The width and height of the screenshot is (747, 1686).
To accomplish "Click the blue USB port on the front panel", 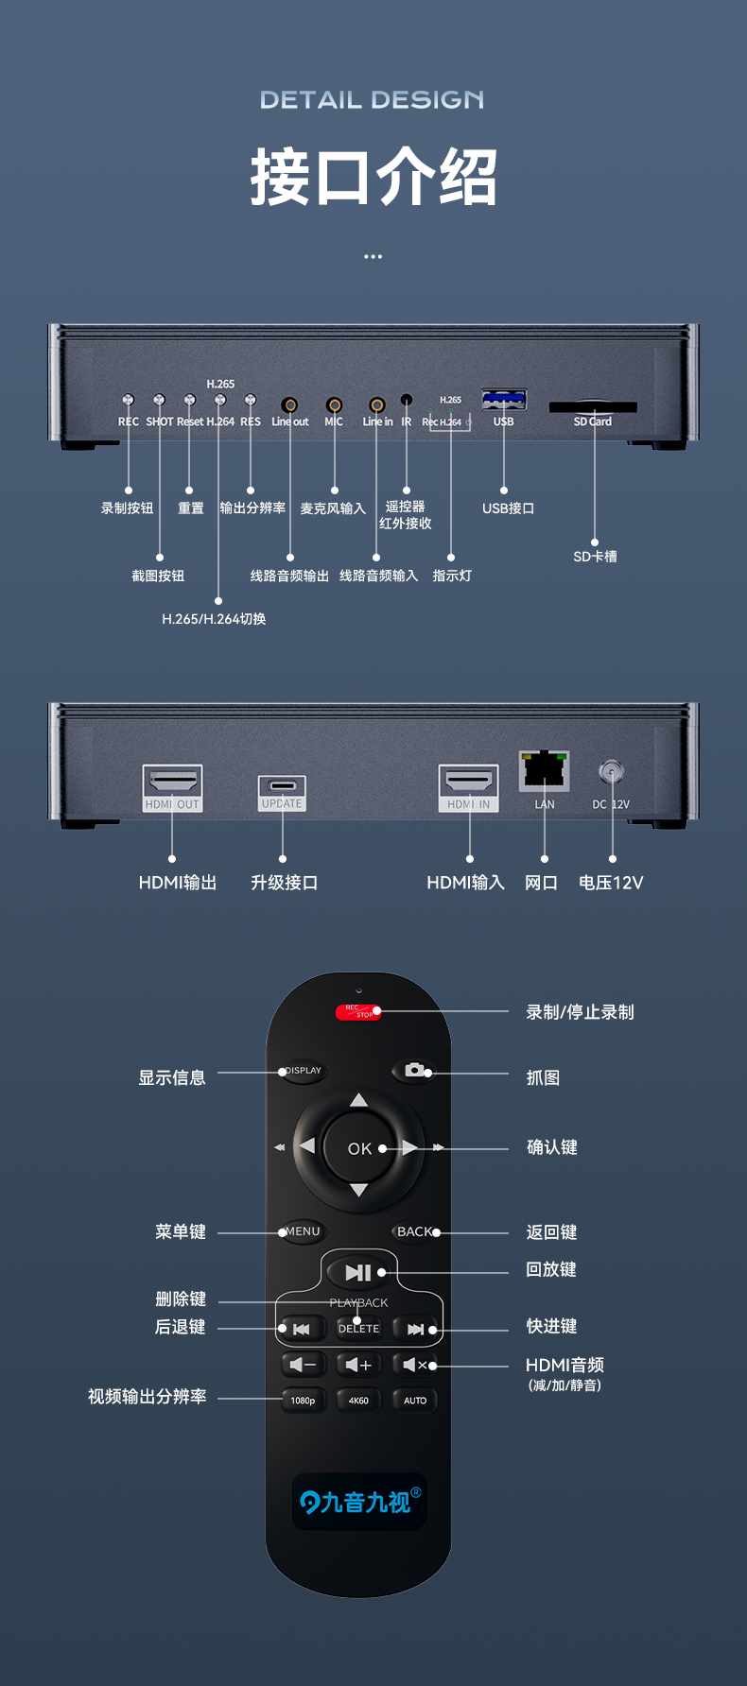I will click(x=503, y=401).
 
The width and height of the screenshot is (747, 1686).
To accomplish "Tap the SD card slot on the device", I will click(x=593, y=407).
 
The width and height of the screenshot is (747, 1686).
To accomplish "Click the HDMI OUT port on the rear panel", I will click(x=173, y=783).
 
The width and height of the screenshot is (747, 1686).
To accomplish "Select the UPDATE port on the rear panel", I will click(x=282, y=786).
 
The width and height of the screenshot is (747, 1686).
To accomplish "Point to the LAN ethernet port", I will click(x=544, y=769).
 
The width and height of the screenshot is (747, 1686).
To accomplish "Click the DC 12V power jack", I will click(x=611, y=772).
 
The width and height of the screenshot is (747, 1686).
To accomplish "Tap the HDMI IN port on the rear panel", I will click(x=469, y=783).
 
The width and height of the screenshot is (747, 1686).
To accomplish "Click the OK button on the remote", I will click(x=359, y=1148).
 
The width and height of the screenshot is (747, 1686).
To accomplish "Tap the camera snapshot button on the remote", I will click(x=413, y=1070).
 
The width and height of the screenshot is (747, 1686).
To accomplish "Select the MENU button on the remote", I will click(x=303, y=1231).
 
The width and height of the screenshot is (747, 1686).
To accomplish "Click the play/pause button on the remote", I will click(x=358, y=1272).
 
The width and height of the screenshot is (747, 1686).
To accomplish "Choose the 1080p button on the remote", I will click(x=303, y=1401).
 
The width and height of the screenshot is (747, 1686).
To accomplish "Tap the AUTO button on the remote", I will click(x=415, y=1401).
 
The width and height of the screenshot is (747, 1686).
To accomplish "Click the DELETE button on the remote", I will click(x=359, y=1329).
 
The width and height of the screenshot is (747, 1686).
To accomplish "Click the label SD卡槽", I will click(x=595, y=557).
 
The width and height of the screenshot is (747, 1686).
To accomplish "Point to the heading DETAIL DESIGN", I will click(x=373, y=100).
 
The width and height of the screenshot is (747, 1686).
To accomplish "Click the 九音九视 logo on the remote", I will click(x=359, y=1502).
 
